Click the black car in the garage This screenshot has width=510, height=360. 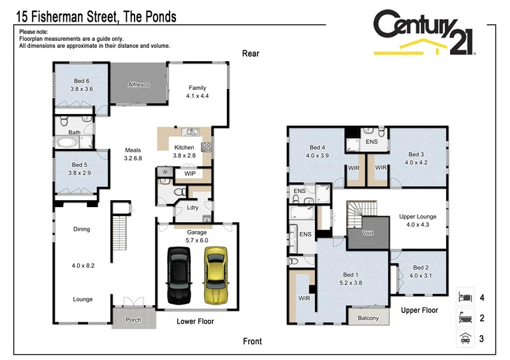coord(178,275)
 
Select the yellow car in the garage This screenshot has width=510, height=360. coord(215,275)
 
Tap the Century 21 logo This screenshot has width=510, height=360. coord(423,32)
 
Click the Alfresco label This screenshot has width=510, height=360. coord(138,84)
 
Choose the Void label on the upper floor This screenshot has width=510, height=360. coord(367,233)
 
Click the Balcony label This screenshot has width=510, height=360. coord(368,318)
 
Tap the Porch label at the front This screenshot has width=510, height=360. coord(133,320)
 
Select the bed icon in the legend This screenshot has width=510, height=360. coord(465,297)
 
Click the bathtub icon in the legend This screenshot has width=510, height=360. coord(465,318)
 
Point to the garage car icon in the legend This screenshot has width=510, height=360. coord(465,339)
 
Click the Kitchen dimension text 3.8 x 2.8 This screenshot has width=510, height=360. coord(184,155)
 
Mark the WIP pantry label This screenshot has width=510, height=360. coord(190,173)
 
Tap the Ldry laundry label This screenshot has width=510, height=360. coord(192,207)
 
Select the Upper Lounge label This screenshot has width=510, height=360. coord(418,217)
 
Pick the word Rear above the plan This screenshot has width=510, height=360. coord(251,54)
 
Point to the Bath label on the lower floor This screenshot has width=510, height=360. coord(75,133)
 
